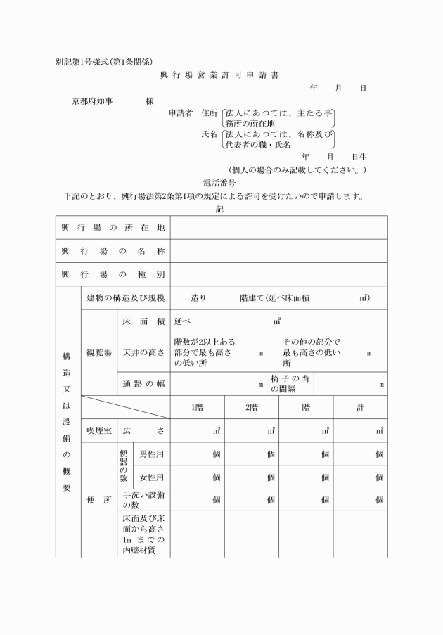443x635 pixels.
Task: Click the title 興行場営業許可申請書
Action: [219, 75]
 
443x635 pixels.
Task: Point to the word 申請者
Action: [181, 113]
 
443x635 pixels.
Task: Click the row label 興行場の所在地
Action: [113, 228]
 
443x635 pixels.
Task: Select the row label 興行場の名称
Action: [113, 251]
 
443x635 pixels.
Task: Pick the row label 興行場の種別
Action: [113, 274]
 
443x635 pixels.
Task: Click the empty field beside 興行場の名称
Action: [278, 251]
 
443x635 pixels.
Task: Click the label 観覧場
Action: [99, 352]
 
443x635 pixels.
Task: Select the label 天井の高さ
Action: [143, 352]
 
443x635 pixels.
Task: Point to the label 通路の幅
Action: [143, 384]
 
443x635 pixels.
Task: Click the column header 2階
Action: [251, 407]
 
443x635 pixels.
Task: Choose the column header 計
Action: [360, 407]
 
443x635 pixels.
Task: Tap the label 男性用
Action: [152, 454]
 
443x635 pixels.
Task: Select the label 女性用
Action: [152, 477]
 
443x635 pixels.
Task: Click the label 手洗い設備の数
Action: [143, 499]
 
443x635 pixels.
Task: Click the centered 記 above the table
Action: [220, 209]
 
